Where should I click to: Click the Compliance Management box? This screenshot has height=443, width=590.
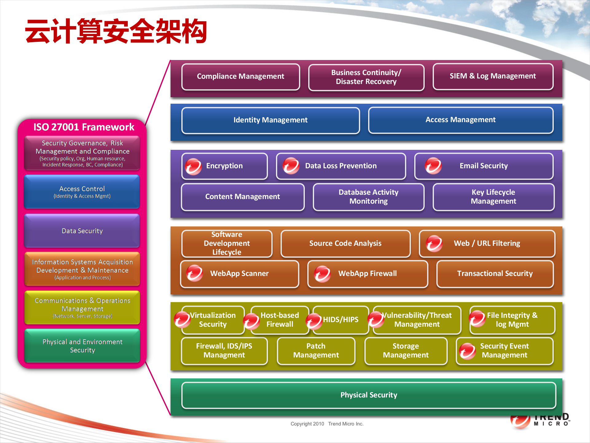241,77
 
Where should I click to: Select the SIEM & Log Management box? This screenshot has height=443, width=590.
493,76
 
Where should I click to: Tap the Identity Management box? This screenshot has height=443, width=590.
270,120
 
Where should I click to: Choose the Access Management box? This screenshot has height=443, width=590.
460,120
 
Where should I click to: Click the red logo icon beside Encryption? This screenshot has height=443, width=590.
193,166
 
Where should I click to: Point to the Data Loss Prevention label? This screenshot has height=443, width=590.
341,166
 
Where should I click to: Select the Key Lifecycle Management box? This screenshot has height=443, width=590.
494,197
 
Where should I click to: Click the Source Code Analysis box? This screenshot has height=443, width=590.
345,243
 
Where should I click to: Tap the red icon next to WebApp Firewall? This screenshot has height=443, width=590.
322,274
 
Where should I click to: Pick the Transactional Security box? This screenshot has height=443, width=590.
495,274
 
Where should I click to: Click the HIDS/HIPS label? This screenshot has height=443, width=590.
340,320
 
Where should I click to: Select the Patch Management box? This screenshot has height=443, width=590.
316,351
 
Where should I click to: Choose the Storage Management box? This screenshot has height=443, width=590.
406,351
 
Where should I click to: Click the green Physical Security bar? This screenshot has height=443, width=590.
369,395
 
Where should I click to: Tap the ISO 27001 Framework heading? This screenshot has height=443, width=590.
84,127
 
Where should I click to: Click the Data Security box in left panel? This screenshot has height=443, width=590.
82,231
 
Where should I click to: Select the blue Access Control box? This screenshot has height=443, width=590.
82,192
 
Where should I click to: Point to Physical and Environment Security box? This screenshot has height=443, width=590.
82,346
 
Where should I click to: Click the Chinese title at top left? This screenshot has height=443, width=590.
116,31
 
